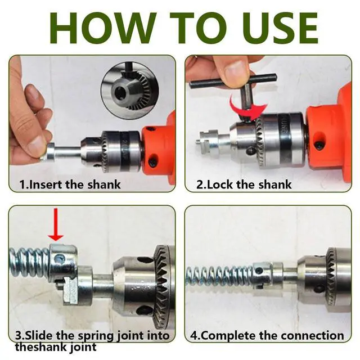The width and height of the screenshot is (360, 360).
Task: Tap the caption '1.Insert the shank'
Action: coord(70,184)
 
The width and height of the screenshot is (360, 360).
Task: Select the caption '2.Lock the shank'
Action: coord(244,184)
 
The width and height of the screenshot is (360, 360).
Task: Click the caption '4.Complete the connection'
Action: coord(267,335)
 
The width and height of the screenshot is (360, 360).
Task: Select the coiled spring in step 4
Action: coord(220,276)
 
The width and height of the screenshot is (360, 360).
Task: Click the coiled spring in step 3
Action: coord(30,262)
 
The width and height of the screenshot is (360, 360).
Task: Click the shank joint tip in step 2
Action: coord(208,139)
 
